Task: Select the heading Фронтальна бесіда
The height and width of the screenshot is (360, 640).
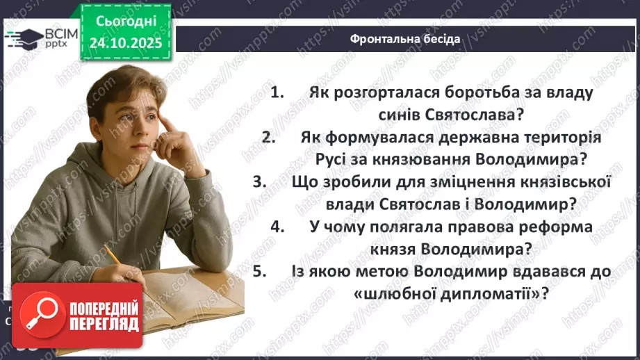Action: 405,39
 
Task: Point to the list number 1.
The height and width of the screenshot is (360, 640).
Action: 278,92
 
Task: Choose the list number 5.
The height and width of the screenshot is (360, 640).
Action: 261,272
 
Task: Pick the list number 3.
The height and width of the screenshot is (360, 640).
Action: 261,182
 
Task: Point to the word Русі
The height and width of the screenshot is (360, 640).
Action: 338,159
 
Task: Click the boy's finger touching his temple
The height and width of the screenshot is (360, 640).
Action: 167,119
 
